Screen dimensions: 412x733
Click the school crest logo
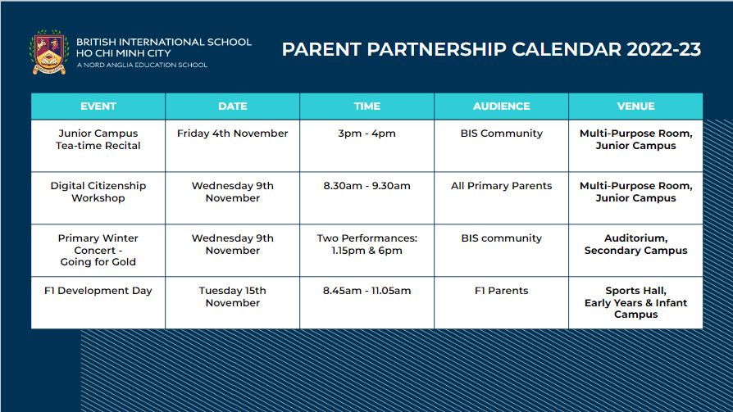[49, 52]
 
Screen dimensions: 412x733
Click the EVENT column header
[98, 106]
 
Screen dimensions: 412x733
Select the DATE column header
[233, 106]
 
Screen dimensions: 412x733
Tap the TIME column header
[367, 106]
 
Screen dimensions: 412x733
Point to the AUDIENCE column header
[501, 106]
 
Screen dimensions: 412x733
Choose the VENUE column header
[635, 106]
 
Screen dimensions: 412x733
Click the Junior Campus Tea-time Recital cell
[98, 140]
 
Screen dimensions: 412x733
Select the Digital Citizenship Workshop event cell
[98, 192]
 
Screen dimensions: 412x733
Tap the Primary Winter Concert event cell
[98, 250]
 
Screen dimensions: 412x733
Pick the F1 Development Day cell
[98, 291]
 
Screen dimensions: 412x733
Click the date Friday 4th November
[233, 134]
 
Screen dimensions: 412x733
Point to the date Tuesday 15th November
[233, 297]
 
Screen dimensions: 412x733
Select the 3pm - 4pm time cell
[367, 134]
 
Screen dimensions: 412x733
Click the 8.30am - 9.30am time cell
[367, 186]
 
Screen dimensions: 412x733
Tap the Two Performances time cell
[367, 244]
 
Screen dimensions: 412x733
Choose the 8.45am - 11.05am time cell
[367, 291]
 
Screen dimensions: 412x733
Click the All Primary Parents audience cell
[501, 186]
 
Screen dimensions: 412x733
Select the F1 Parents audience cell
[501, 291]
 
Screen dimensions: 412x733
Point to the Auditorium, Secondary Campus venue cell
[635, 244]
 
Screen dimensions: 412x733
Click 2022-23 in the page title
[663, 50]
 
